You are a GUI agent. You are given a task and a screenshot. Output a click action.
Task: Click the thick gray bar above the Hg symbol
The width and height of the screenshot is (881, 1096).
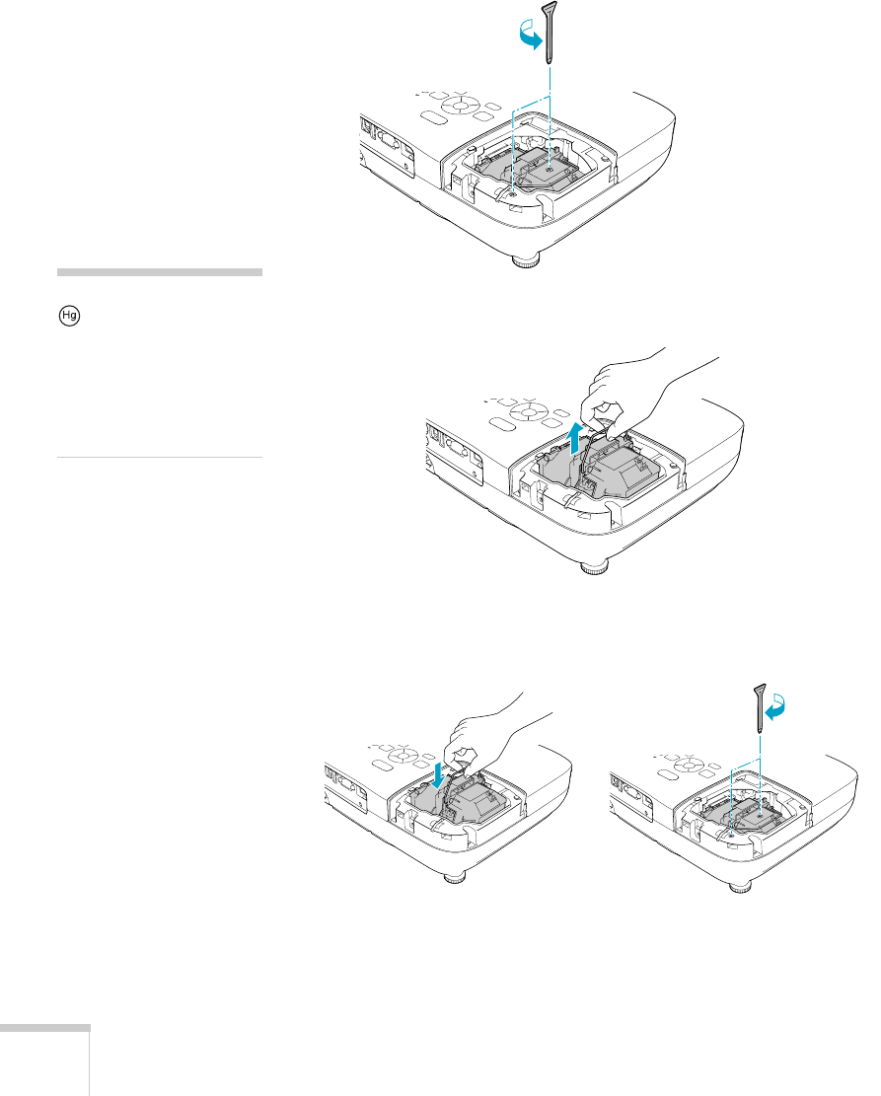tap(160, 272)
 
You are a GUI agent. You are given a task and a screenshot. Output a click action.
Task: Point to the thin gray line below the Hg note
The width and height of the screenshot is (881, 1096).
tap(160, 458)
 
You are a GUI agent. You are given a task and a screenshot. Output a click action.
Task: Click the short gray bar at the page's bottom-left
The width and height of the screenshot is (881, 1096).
tap(44, 1028)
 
